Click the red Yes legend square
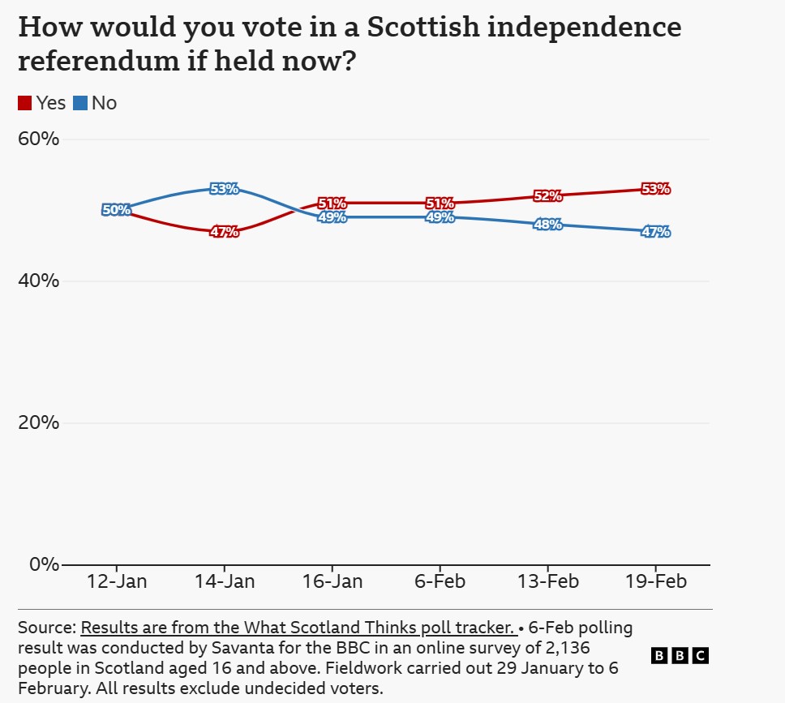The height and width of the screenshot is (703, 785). tap(25, 103)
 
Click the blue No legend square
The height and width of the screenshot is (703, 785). tap(80, 103)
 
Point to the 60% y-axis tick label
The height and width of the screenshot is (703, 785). tap(38, 139)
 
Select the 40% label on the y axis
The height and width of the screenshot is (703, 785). tap(38, 281)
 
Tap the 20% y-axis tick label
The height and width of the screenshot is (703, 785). tap(38, 422)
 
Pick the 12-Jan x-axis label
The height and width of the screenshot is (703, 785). tap(116, 582)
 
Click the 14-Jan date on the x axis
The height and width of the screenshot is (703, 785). tap(224, 582)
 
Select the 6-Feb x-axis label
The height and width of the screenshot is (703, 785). tap(440, 582)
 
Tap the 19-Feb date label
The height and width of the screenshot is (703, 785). tap(655, 582)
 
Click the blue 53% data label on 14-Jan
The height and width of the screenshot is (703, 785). tap(224, 189)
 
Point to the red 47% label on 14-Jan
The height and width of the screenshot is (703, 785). tap(224, 232)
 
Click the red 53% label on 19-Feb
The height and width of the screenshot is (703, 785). tap(655, 189)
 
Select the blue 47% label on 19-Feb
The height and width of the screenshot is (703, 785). tap(655, 232)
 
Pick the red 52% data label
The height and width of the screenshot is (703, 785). tap(547, 196)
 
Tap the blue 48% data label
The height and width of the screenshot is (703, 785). tap(547, 225)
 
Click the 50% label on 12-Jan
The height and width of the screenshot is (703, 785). tap(116, 210)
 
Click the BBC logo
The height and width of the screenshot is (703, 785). tap(680, 656)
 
